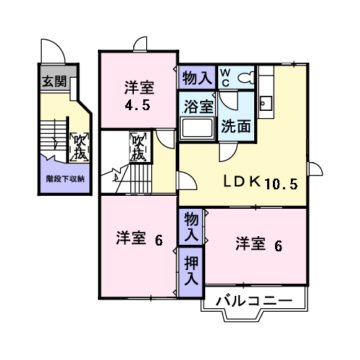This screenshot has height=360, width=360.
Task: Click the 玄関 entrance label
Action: click(54, 81)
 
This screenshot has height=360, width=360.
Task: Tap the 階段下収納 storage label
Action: click(65, 179)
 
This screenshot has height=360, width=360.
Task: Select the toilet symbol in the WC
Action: click(246, 78)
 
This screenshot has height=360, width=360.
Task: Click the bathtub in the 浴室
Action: click(197, 128)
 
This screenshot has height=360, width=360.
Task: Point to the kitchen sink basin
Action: click(266, 104)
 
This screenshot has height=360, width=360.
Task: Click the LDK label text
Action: click(242, 181)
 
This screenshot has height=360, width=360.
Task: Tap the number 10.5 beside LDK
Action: click(281, 184)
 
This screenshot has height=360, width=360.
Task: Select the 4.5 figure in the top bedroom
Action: click(138, 105)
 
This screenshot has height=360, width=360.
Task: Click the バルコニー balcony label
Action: click(254, 301)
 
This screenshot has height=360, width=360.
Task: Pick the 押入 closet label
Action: click(192, 271)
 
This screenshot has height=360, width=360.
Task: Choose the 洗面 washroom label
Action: click(236, 126)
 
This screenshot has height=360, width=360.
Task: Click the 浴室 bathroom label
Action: click(199, 107)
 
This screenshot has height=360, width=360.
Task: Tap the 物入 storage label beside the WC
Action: click(197, 78)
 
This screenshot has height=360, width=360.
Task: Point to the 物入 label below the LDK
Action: click(192, 227)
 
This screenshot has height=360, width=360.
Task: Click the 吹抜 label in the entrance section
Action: click(79, 147)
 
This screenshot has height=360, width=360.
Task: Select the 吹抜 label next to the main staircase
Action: click(140, 147)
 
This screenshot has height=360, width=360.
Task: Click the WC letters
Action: click(225, 78)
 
